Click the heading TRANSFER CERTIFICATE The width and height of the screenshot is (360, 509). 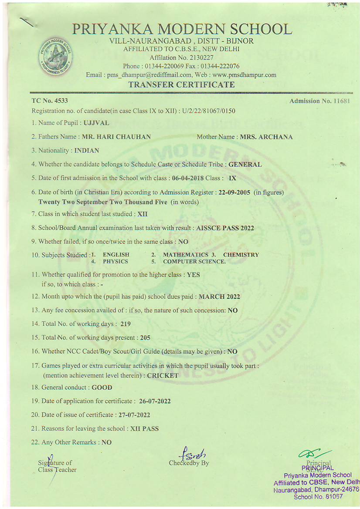(181, 84)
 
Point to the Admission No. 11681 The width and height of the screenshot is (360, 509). (320, 101)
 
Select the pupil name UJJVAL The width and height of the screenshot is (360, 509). (96, 123)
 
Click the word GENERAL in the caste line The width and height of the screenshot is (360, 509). (245, 165)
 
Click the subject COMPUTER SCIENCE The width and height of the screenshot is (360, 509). (194, 262)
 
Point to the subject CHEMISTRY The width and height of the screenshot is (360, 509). (241, 255)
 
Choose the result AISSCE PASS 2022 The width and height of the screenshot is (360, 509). (225, 228)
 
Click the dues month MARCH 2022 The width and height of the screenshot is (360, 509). (219, 297)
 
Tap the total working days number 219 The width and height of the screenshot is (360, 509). (126, 324)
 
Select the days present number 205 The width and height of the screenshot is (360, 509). (145, 337)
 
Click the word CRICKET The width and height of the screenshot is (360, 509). (163, 375)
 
